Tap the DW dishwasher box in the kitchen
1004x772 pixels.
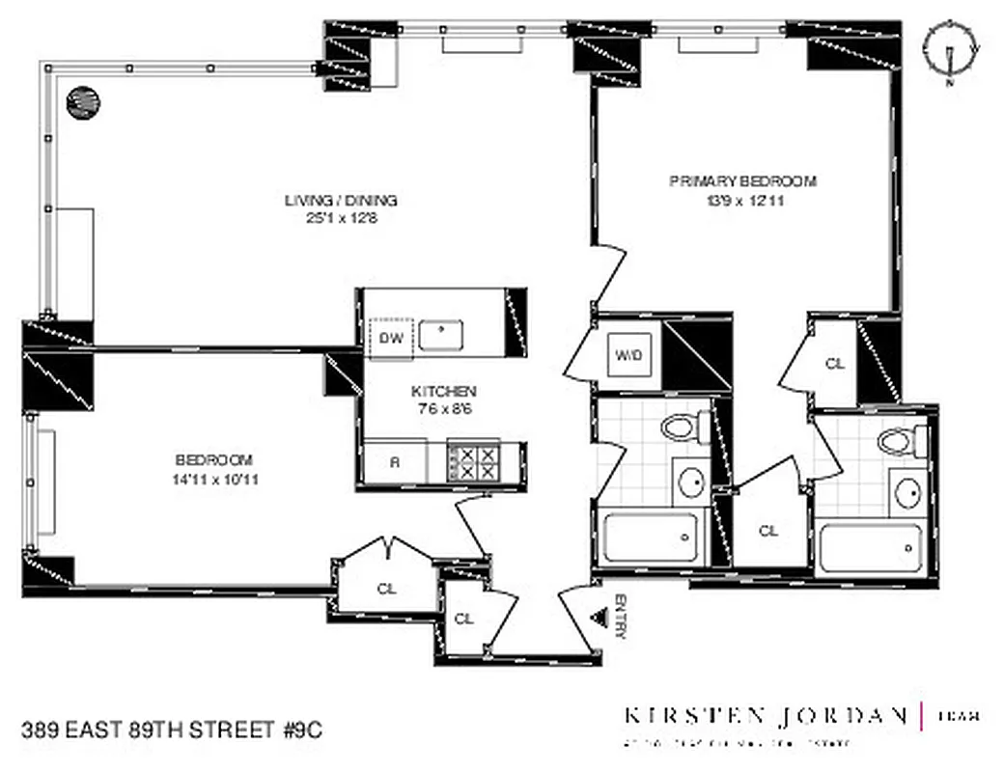(391, 338)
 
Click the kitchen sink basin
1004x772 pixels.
(442, 335)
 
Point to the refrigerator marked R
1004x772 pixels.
(395, 461)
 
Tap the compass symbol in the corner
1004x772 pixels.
(951, 47)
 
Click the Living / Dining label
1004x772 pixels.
(341, 201)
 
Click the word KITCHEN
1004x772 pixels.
(444, 391)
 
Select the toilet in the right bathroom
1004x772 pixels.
(896, 441)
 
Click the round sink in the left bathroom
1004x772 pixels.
(690, 482)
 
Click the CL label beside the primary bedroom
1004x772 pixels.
(835, 364)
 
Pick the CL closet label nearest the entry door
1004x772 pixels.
(464, 619)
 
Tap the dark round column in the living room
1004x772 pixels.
(82, 100)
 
